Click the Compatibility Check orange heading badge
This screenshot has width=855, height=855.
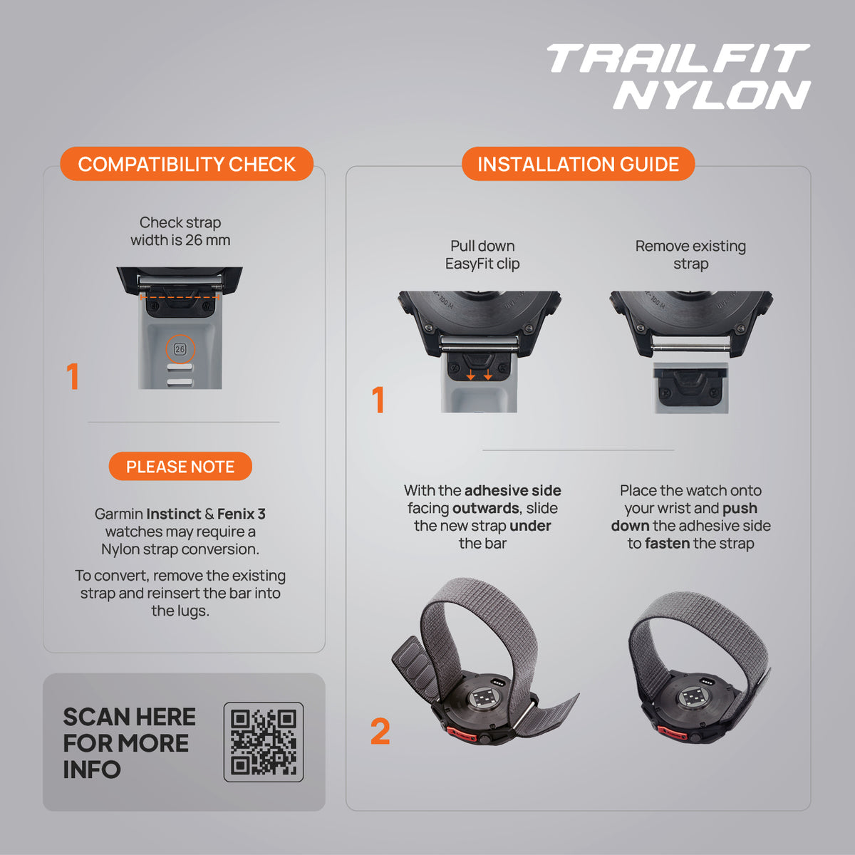187,164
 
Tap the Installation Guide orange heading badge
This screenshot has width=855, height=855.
578,164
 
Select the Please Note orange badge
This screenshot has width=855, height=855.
180,466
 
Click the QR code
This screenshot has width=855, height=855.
264,742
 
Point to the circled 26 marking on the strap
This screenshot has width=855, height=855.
180,349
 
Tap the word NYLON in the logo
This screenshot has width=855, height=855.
712,95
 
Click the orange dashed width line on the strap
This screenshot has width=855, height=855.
180,297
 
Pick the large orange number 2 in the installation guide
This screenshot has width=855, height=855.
380,732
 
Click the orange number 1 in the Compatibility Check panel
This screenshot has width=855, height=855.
73,376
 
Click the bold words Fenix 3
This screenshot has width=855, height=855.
242,514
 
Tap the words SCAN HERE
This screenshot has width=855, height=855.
129,717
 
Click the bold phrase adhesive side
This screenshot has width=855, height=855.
512,490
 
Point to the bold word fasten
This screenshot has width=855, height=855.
668,543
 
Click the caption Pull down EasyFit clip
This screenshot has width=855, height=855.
482,254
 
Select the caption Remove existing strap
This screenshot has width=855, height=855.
690,254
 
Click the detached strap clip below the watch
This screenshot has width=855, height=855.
690,388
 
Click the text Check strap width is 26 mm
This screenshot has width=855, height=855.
180,231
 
